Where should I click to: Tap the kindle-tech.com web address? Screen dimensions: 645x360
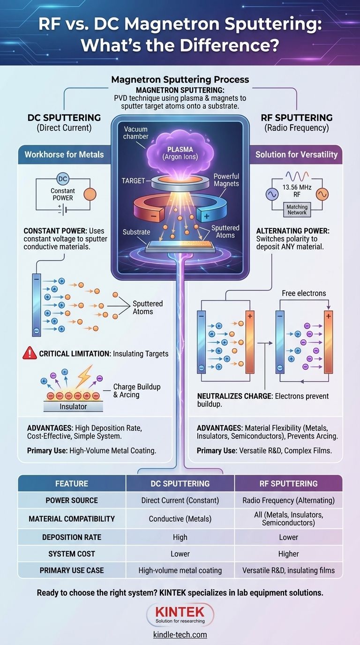coord(180,635)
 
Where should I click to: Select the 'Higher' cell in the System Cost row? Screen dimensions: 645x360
coord(288,554)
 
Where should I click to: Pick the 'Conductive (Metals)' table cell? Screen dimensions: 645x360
coord(180,519)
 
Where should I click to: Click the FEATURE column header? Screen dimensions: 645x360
coord(72,483)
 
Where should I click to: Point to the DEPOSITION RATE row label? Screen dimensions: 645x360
coord(72,537)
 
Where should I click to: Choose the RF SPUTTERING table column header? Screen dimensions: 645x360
coord(288,483)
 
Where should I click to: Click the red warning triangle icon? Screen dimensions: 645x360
coord(30,353)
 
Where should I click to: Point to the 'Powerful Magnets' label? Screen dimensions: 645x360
coord(226,180)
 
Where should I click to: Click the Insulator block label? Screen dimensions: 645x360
coord(73,406)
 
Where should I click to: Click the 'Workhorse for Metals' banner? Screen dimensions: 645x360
coord(65,154)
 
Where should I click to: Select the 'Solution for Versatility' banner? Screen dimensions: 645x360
coord(296,154)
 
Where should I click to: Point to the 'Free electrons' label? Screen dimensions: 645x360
coord(304,293)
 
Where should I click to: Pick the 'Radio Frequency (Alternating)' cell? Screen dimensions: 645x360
coord(288,500)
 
